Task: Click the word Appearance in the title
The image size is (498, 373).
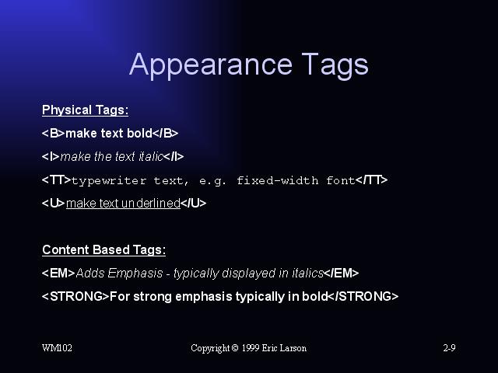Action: click(x=211, y=65)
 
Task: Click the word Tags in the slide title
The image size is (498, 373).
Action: click(x=335, y=65)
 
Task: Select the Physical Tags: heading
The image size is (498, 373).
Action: click(x=85, y=110)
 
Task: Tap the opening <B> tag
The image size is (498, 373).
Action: click(x=54, y=133)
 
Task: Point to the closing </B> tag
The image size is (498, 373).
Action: click(x=165, y=133)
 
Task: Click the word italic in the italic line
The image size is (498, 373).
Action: click(x=151, y=156)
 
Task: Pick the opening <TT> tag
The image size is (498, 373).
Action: click(x=57, y=180)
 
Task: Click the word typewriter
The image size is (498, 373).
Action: click(x=109, y=181)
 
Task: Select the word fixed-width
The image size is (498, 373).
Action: click(x=278, y=180)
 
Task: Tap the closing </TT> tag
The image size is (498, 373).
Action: click(x=372, y=180)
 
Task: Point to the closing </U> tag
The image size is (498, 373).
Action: click(x=194, y=203)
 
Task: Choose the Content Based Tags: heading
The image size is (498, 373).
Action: click(x=103, y=249)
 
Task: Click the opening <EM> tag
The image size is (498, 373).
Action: click(x=58, y=273)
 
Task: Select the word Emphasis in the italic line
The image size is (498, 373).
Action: click(x=135, y=273)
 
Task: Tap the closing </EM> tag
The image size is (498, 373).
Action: click(x=342, y=273)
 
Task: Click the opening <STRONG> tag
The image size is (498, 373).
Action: click(x=75, y=297)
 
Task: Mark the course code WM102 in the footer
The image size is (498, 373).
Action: click(x=57, y=348)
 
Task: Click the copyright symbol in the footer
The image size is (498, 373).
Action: click(x=235, y=348)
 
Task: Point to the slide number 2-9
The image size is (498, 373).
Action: click(x=450, y=348)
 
